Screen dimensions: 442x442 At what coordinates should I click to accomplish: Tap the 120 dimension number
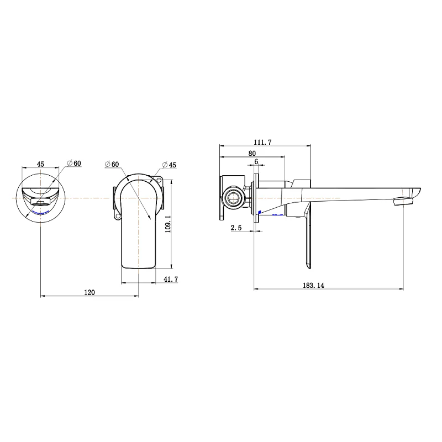tap(90, 293)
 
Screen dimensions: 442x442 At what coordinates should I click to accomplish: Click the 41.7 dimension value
tap(171, 280)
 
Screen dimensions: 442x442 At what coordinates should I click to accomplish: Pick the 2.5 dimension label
tap(236, 227)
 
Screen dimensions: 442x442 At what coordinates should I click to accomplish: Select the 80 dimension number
tap(252, 153)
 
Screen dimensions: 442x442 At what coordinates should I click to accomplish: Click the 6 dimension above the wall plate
tap(256, 162)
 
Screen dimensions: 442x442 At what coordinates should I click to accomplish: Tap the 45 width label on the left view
tap(40, 163)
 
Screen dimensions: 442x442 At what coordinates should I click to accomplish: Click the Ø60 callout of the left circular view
tap(74, 163)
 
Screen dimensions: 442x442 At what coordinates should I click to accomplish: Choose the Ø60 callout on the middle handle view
tap(112, 164)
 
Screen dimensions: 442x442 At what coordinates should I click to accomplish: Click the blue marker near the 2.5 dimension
tap(260, 213)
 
